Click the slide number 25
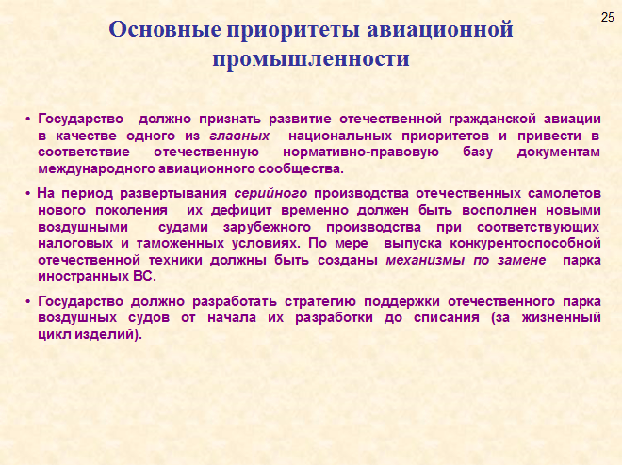tap(607, 18)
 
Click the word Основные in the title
tap(164, 29)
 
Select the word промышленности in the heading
tap(311, 59)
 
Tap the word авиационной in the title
tap(440, 29)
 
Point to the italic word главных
tap(239, 136)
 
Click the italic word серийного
tap(270, 193)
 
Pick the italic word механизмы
tap(425, 260)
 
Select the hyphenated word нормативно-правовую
tap(361, 152)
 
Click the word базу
tap(478, 152)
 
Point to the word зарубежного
tap(267, 228)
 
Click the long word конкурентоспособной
tap(525, 243)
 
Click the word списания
tap(447, 317)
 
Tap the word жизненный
tap(562, 317)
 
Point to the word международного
tap(97, 169)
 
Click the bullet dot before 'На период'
tap(28, 194)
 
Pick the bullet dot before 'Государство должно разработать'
tap(28, 302)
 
